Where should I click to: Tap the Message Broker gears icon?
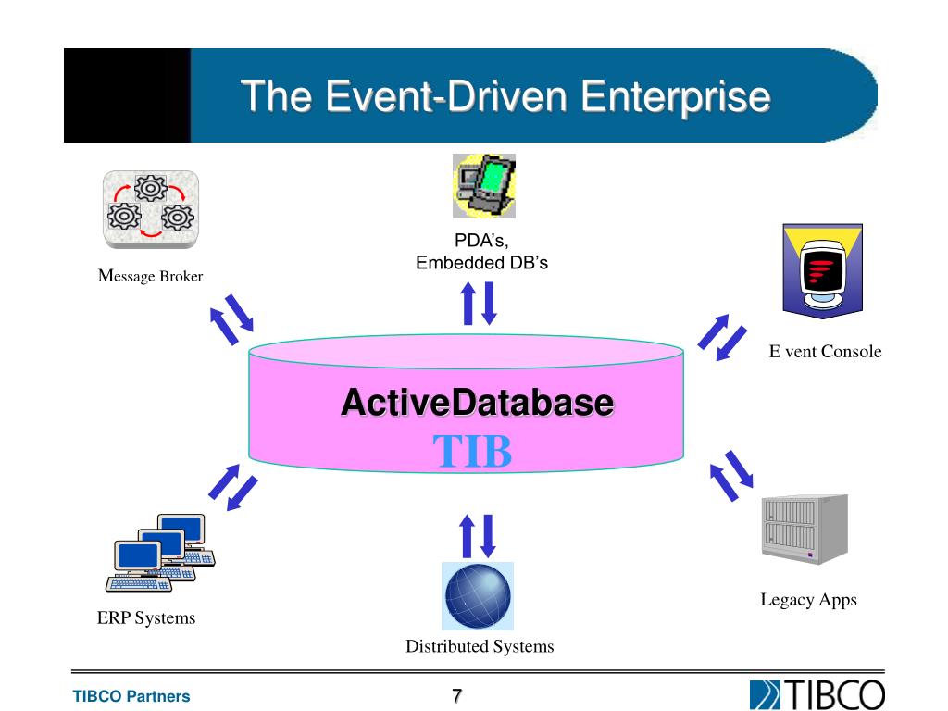(x=150, y=209)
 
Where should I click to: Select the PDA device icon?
(x=483, y=185)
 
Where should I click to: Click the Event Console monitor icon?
(x=823, y=270)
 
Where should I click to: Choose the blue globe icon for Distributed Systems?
(x=478, y=596)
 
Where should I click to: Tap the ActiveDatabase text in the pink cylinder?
(x=477, y=404)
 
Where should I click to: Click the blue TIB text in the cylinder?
(x=472, y=451)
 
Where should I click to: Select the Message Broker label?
(x=150, y=276)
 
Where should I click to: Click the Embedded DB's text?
(x=481, y=263)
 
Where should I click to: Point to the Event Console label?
(x=825, y=352)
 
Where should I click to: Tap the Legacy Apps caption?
(x=808, y=600)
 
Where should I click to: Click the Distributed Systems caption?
(x=480, y=647)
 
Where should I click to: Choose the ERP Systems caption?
(x=146, y=618)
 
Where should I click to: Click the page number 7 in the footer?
(x=456, y=696)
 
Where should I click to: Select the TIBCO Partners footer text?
(x=131, y=697)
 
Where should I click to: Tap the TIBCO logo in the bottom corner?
(x=817, y=694)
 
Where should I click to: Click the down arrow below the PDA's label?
(x=490, y=303)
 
